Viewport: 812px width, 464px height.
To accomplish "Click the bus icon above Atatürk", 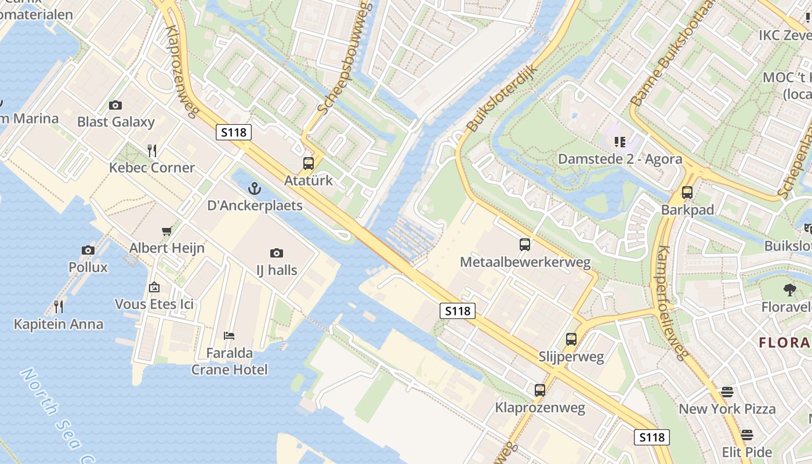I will pyautogui.click(x=308, y=164).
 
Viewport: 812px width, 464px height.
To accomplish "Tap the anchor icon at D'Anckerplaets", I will pyautogui.click(x=254, y=188).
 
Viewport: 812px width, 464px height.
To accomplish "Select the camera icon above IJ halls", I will pyautogui.click(x=277, y=253).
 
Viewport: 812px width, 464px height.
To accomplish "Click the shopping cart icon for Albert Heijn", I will pyautogui.click(x=166, y=231).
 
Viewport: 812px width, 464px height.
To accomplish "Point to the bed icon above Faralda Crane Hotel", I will pyautogui.click(x=229, y=336).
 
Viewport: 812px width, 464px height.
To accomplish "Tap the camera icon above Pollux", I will pyautogui.click(x=88, y=251).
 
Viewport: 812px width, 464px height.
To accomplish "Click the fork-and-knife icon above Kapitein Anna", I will pyautogui.click(x=58, y=306).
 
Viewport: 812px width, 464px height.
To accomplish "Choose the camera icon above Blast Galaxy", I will pyautogui.click(x=115, y=105).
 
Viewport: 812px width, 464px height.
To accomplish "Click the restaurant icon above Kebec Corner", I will pyautogui.click(x=152, y=151).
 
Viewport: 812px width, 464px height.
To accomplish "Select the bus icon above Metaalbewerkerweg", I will pyautogui.click(x=525, y=245).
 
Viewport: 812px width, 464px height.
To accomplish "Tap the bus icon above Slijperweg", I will pyautogui.click(x=571, y=339).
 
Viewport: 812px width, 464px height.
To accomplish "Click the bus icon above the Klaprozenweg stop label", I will pyautogui.click(x=540, y=390).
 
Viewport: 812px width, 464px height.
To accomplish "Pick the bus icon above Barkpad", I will pyautogui.click(x=687, y=193).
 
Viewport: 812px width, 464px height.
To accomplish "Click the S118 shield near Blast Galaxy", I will pyautogui.click(x=234, y=132).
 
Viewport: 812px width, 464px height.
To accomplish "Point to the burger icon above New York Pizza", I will pyautogui.click(x=727, y=392).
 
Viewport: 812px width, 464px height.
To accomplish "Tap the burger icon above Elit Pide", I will pyautogui.click(x=747, y=435).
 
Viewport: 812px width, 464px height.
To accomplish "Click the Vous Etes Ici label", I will pyautogui.click(x=154, y=304).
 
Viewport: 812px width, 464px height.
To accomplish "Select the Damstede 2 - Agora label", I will pyautogui.click(x=620, y=159).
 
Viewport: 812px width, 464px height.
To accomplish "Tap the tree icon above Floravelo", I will pyautogui.click(x=789, y=290).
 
